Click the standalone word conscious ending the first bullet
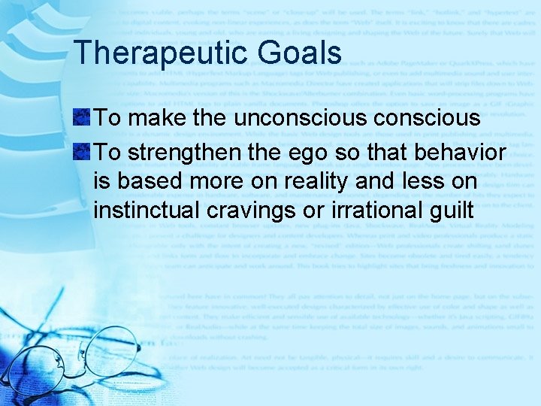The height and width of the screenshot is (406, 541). [x=436, y=118]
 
